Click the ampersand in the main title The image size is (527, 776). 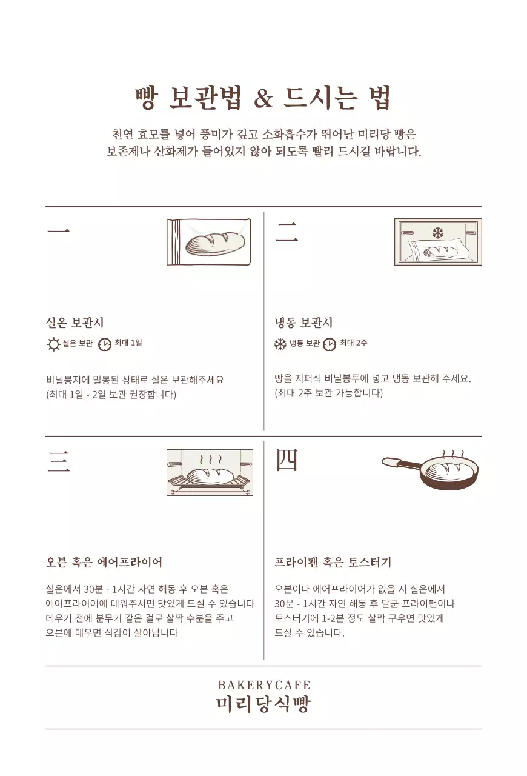(x=263, y=99)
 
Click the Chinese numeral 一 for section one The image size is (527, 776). (x=58, y=231)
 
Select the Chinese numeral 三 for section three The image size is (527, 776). (x=58, y=462)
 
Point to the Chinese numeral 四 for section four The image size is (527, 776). (x=287, y=461)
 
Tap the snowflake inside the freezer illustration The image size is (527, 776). (x=437, y=232)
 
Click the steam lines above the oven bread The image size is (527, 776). (x=210, y=459)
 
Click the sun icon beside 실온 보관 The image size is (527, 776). (x=53, y=344)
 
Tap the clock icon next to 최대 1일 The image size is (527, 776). (x=105, y=344)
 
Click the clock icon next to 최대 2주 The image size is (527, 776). (x=329, y=344)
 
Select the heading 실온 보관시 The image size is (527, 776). (x=75, y=323)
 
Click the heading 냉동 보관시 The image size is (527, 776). (x=303, y=323)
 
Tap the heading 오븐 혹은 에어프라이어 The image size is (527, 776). (x=104, y=562)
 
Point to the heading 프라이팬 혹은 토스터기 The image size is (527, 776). (x=333, y=562)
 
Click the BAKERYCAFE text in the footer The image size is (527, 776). (x=263, y=685)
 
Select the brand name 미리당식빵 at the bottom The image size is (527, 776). (x=263, y=704)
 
